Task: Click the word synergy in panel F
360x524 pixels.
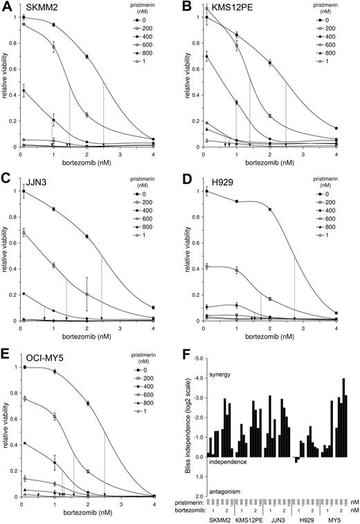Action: point(222,375)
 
